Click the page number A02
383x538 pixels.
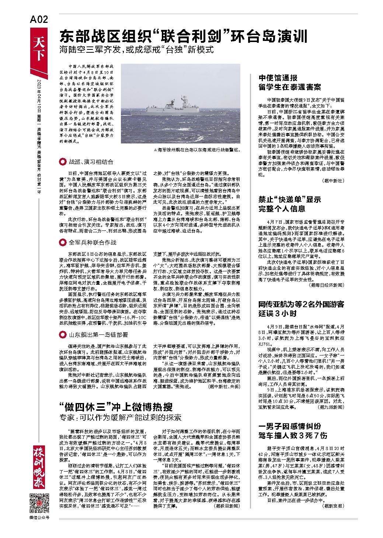point(38,20)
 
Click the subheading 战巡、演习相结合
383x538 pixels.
point(91,162)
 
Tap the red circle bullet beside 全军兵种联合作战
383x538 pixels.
point(62,242)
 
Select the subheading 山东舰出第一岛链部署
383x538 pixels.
point(98,335)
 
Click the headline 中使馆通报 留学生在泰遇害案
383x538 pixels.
point(289,83)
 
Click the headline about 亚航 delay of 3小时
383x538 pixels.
point(301,309)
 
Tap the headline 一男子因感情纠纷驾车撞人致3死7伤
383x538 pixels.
point(293,430)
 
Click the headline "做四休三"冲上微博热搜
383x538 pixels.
point(116,407)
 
